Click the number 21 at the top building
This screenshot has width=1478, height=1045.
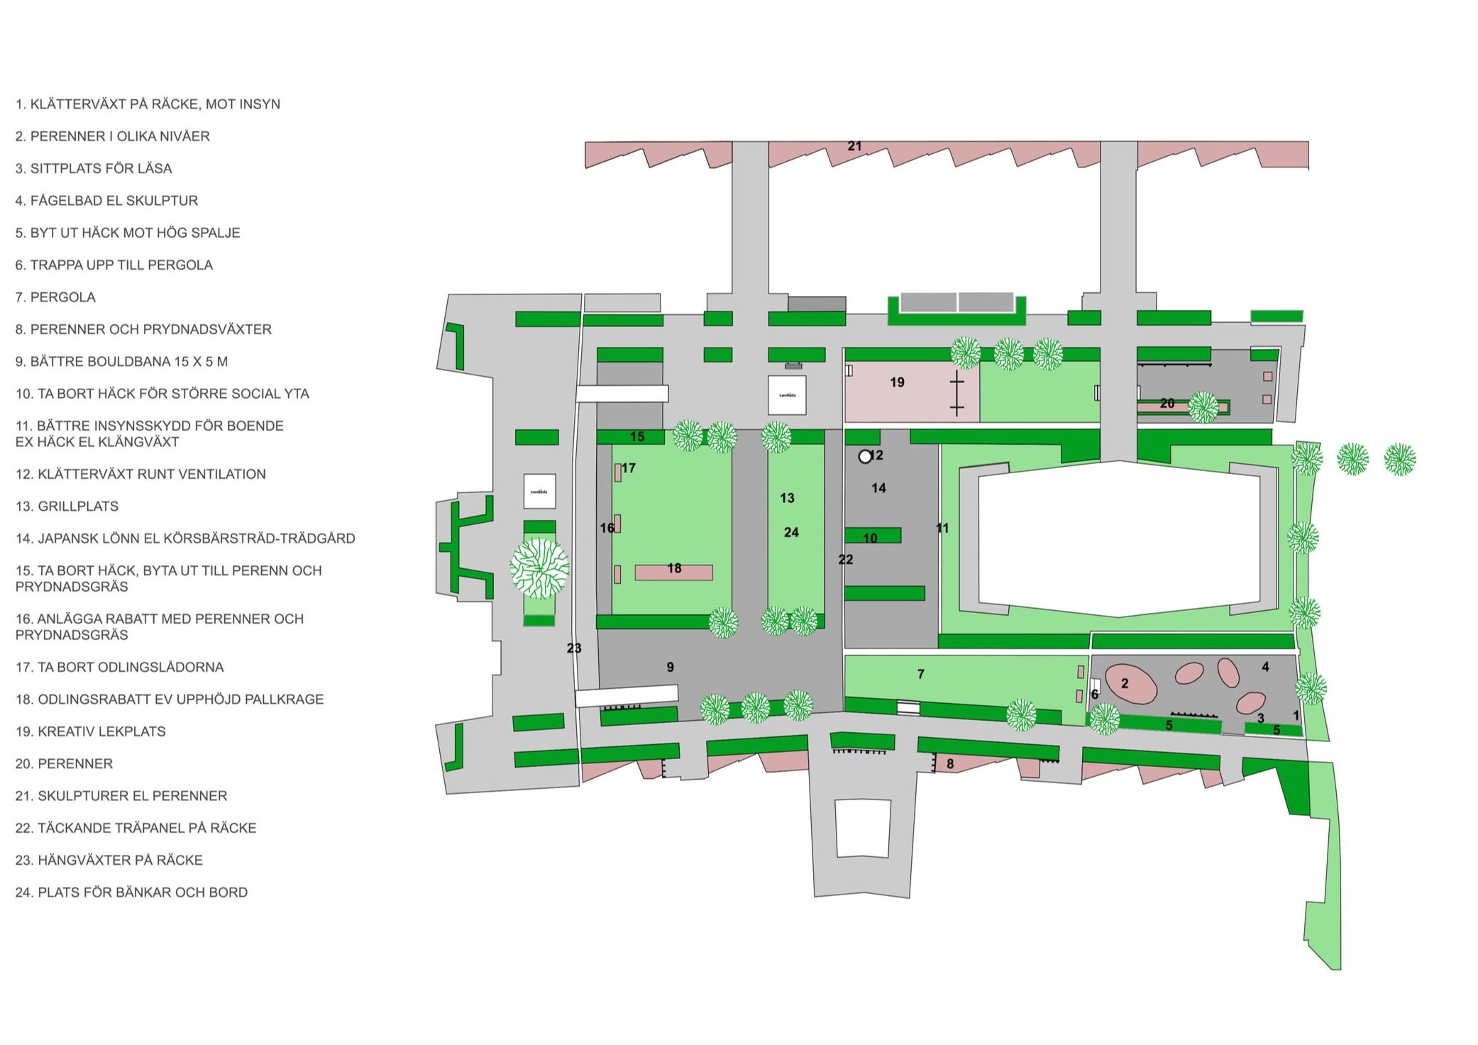854,146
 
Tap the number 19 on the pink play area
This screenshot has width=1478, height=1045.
897,382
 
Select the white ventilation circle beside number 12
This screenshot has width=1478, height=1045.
864,457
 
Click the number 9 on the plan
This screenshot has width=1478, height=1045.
670,667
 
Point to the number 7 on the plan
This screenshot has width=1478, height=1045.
920,674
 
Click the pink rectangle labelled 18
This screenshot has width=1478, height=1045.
673,572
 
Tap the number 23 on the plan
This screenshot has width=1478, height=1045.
574,648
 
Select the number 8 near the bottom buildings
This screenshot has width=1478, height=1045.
950,764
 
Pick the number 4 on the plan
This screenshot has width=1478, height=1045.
1265,667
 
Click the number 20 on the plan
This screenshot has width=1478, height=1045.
1167,403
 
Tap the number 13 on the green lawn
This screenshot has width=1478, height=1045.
787,498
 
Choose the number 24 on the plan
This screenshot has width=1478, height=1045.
791,532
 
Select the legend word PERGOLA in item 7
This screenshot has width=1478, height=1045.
62,297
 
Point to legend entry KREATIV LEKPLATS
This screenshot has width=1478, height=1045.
101,731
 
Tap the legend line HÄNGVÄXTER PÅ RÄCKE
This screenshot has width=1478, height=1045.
120,860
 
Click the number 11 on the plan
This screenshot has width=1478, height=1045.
942,528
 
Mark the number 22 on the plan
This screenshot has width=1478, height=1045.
845,560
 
